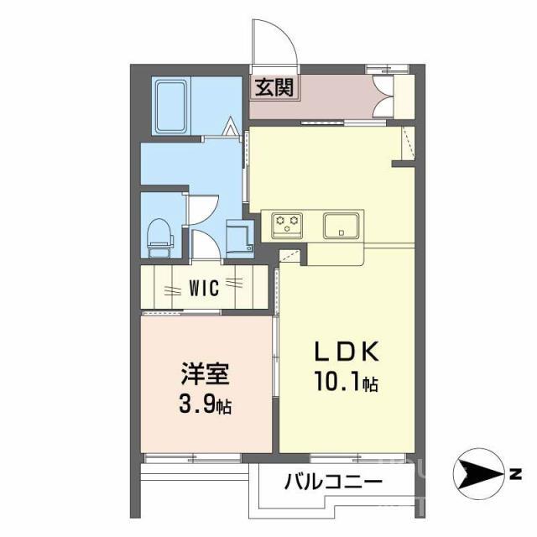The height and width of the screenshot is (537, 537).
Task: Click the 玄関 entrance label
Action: click(274, 87)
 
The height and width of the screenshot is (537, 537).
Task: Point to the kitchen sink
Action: click(342, 224)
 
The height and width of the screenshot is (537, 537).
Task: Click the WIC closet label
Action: click(204, 289)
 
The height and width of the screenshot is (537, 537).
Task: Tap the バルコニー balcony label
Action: click(333, 482)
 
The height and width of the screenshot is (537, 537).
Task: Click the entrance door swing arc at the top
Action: click(277, 40)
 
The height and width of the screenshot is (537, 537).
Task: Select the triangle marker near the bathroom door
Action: click(232, 129)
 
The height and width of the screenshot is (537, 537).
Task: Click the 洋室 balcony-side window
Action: click(192, 458)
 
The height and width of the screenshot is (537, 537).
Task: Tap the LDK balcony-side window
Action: click(347, 458)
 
